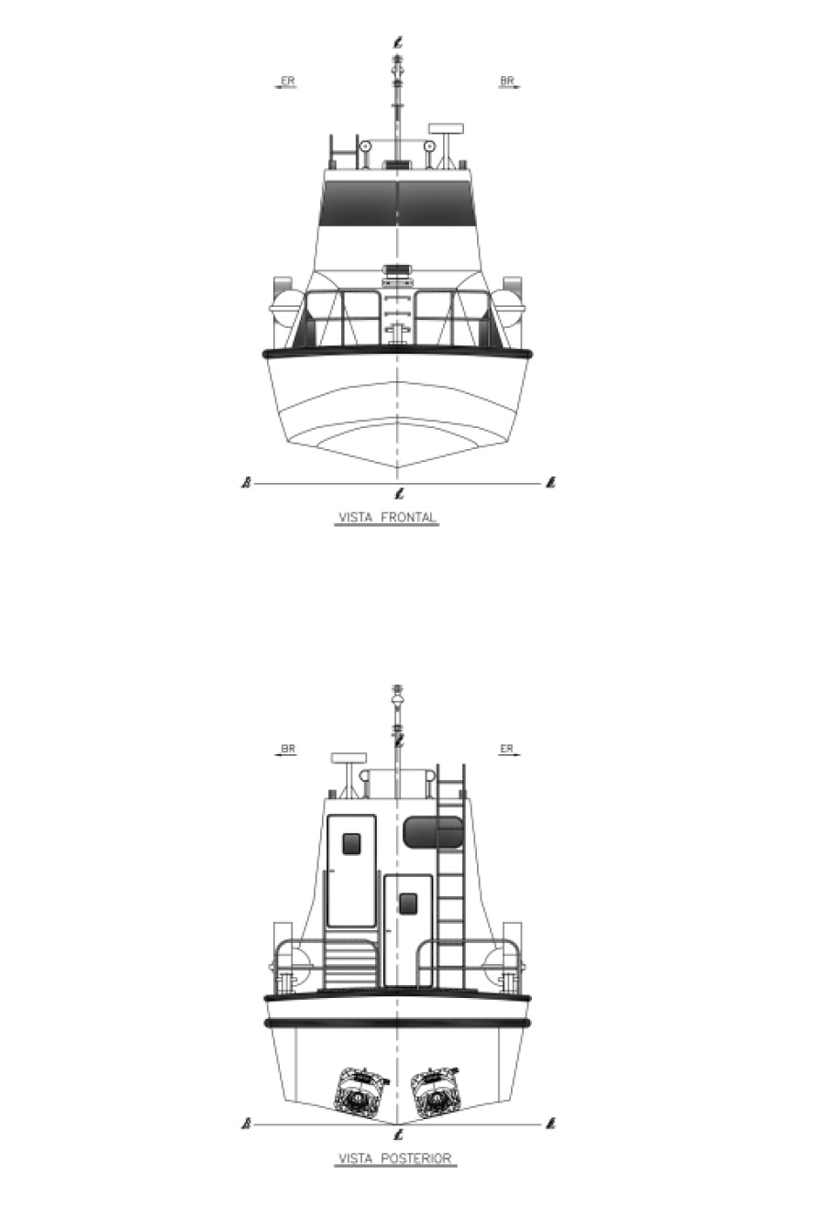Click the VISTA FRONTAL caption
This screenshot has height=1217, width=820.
point(387,517)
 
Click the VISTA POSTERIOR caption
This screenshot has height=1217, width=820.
point(395,1158)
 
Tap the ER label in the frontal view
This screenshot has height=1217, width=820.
point(288,81)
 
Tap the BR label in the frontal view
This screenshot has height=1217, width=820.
point(507,81)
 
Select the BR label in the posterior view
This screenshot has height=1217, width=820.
point(288,749)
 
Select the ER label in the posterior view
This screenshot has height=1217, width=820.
point(506,749)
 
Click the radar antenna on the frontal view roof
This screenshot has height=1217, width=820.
point(446,129)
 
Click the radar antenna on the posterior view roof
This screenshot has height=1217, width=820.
point(349,758)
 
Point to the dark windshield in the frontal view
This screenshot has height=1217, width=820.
point(398,203)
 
